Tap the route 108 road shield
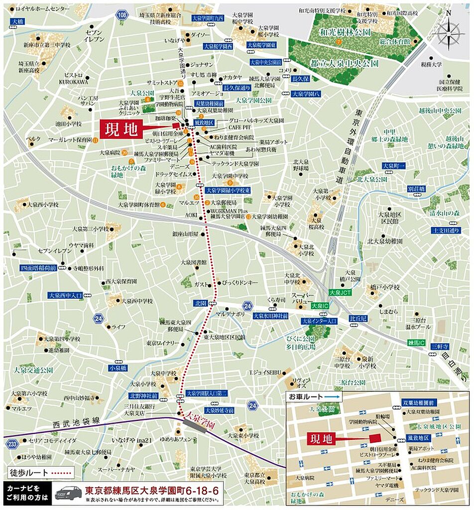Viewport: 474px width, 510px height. (x=122, y=15)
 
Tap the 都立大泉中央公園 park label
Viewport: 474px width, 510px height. (x=344, y=64)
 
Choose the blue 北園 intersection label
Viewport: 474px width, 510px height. (x=200, y=303)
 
